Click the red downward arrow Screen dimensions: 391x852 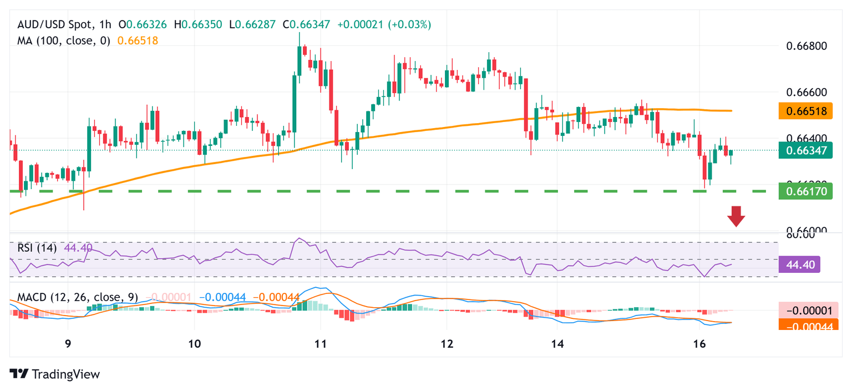[736, 216]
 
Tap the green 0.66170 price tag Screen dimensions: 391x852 [805, 191]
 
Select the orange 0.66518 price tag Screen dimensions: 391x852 [805, 111]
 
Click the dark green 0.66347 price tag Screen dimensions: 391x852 [805, 150]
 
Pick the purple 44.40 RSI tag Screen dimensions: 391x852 [805, 265]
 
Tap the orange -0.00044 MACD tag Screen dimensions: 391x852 [805, 327]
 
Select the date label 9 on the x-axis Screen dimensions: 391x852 [68, 344]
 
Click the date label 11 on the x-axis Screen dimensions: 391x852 [320, 344]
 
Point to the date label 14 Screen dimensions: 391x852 [557, 344]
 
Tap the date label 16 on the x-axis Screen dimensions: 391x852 [699, 344]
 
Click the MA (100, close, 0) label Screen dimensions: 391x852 [64, 40]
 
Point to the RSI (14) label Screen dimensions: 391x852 [37, 248]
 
